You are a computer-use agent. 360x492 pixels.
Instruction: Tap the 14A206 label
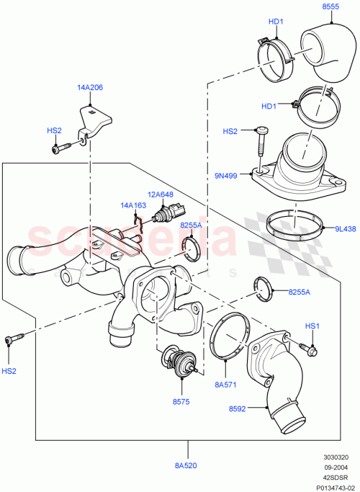pos(91,87)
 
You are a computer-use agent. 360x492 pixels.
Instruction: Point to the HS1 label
pos(312,326)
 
